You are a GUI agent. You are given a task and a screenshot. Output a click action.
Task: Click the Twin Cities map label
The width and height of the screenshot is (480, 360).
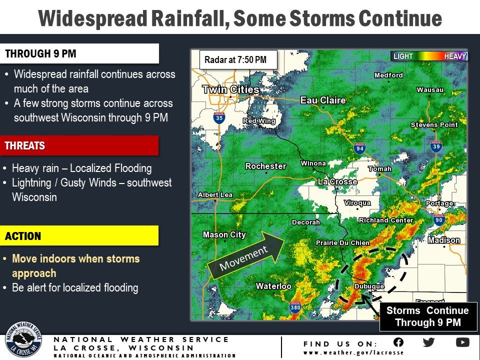(230, 90)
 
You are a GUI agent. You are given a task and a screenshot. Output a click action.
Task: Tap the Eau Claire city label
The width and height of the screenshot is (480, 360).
(322, 100)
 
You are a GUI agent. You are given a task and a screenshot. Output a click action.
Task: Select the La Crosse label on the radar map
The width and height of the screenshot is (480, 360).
(337, 181)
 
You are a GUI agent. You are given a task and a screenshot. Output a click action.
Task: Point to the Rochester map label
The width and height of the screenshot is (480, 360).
(265, 166)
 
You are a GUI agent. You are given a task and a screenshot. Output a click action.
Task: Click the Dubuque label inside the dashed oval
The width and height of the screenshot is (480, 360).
(369, 286)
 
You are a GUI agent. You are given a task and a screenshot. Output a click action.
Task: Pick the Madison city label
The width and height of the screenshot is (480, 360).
(443, 240)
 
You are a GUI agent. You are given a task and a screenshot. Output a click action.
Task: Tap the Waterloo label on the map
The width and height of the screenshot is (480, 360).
(273, 286)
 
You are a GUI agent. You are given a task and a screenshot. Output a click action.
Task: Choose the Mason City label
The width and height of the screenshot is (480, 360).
(224, 234)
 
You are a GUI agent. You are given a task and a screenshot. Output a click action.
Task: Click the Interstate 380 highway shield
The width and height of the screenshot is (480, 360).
(295, 308)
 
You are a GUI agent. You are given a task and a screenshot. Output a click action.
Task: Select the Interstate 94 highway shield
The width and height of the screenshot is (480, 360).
(360, 148)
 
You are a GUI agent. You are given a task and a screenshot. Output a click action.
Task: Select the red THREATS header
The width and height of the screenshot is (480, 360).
(80, 146)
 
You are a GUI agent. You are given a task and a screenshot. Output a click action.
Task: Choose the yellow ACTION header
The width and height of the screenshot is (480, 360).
(80, 236)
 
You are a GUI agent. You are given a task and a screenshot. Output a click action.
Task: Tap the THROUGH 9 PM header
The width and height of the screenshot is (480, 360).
(80, 53)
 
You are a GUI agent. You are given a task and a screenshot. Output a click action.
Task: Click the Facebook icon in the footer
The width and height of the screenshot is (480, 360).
(398, 342)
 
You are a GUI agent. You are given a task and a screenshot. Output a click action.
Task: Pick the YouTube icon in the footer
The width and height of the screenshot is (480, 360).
(462, 342)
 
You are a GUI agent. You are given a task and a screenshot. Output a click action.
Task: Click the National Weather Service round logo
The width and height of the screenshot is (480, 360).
(23, 340)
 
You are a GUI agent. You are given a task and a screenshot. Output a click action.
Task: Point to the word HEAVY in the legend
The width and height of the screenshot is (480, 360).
(455, 56)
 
